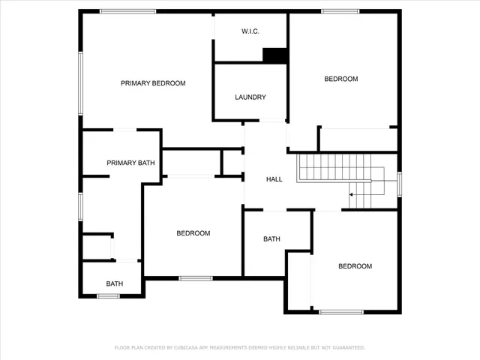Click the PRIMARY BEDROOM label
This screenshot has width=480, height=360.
pos(153,83)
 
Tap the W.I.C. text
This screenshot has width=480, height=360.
pos(250,31)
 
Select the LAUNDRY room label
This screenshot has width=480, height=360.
pos(250,97)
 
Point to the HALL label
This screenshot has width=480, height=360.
pos(274,179)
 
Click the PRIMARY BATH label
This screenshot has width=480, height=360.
pos(130,163)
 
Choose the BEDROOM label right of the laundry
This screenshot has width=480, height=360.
pos(341,79)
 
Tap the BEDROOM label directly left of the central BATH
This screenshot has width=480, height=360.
pos(193,233)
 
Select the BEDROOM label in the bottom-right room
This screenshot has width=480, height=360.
pos(355,266)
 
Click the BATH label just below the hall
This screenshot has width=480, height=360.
pos(271,239)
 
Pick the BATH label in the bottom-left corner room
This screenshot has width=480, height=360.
pos(115,283)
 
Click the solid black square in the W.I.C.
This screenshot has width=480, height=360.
pos(274,55)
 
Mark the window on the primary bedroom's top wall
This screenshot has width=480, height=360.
pos(128,11)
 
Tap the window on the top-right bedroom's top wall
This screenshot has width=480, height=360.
pos(342,11)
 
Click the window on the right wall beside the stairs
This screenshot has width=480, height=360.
pos(400,183)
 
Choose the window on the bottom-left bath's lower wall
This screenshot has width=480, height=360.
pos(109,295)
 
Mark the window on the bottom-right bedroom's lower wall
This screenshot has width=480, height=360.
pos(341,311)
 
